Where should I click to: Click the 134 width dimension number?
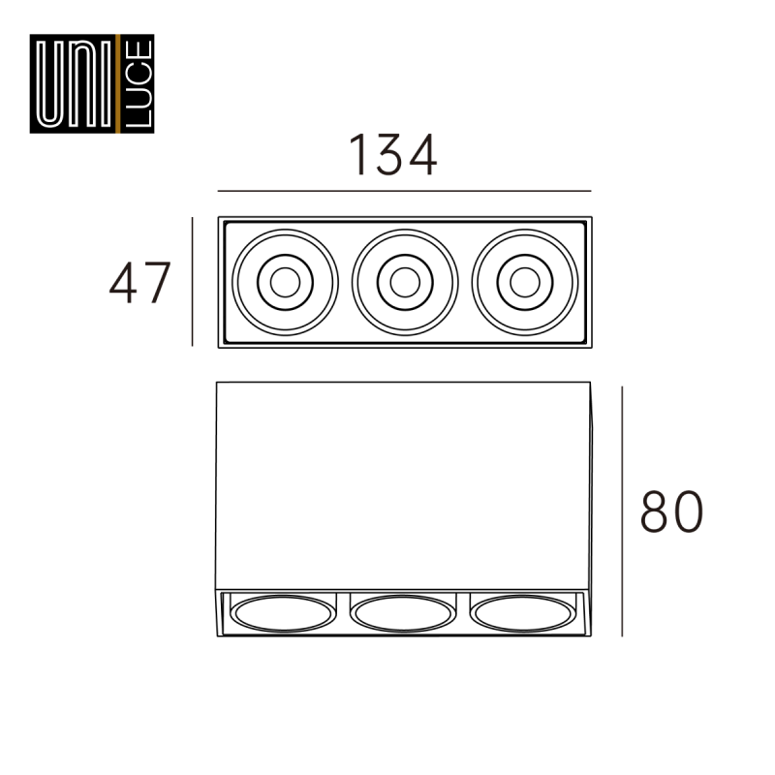click(393, 155)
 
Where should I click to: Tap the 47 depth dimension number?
click(139, 282)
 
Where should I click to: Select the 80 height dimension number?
click(671, 511)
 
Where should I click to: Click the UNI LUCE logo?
click(92, 83)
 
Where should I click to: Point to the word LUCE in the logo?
click(139, 83)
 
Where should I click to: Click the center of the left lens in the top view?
click(285, 282)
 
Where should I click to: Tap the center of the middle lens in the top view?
click(405, 282)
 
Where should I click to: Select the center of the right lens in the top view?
click(525, 282)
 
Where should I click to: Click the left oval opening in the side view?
click(283, 613)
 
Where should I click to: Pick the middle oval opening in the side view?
click(403, 613)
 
